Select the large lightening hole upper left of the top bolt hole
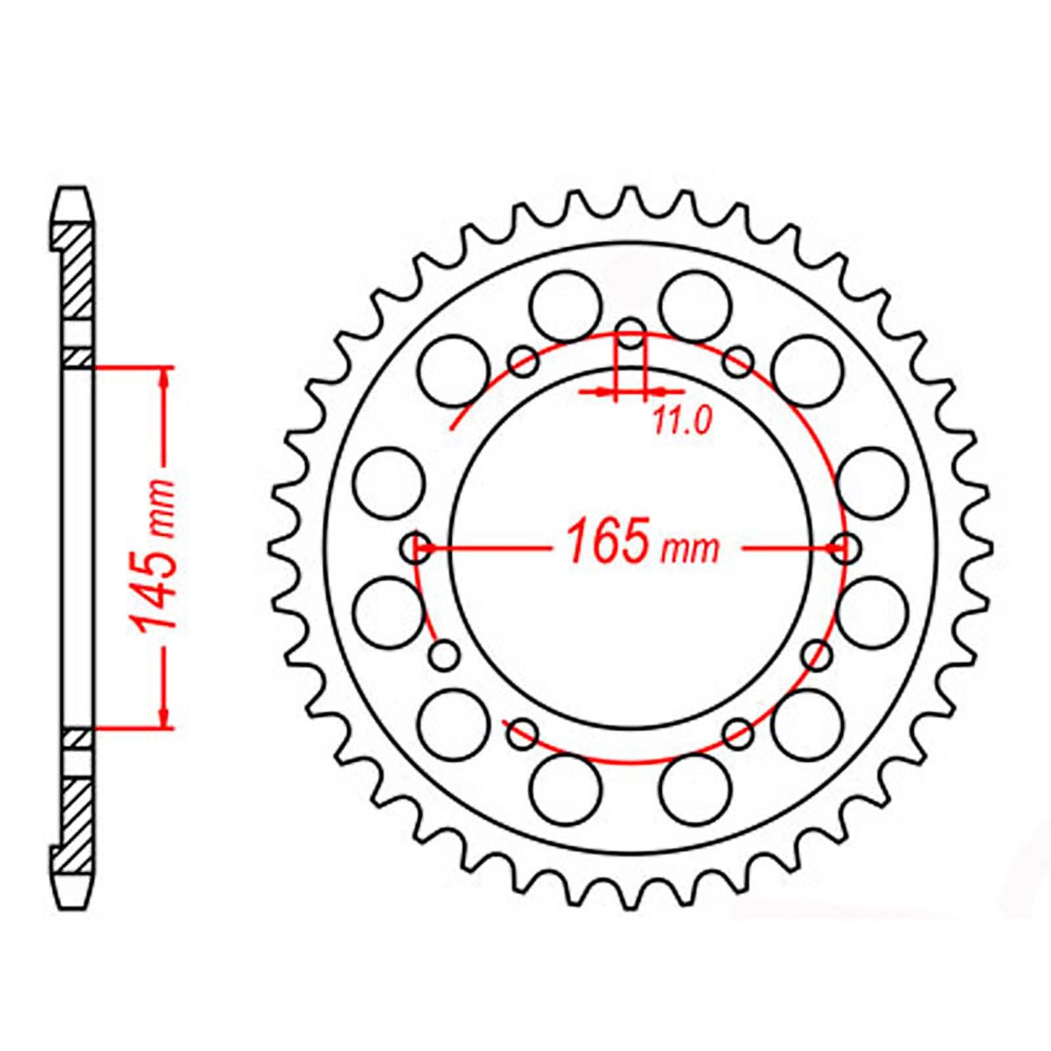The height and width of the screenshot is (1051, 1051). (x=566, y=305)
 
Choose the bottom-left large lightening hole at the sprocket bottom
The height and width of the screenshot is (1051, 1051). (x=566, y=789)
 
